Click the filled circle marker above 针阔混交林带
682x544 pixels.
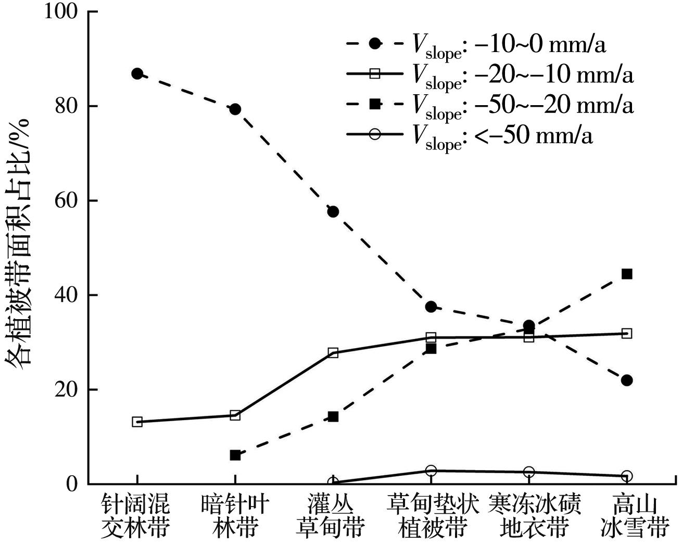pos(137,74)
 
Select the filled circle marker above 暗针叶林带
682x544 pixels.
pos(235,109)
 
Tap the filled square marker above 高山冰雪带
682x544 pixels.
pos(627,274)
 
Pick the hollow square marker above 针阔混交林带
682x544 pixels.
pos(137,422)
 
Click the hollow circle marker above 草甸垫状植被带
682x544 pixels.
pos(431,471)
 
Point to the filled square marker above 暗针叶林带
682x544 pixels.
pos(235,455)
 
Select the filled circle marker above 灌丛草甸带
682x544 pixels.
pos(333,211)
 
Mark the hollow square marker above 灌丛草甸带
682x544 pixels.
pos(333,353)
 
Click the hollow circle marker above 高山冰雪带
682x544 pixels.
pos(627,476)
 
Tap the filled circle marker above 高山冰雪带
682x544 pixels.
pos(627,380)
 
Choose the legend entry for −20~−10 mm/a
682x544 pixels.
pos(489,74)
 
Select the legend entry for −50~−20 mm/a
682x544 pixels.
pos(489,105)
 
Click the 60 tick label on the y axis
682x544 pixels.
pos(66,201)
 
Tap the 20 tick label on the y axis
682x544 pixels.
pos(66,389)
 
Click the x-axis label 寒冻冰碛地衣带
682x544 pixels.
pos(534,516)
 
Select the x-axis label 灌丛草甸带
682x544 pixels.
pos(331,516)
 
